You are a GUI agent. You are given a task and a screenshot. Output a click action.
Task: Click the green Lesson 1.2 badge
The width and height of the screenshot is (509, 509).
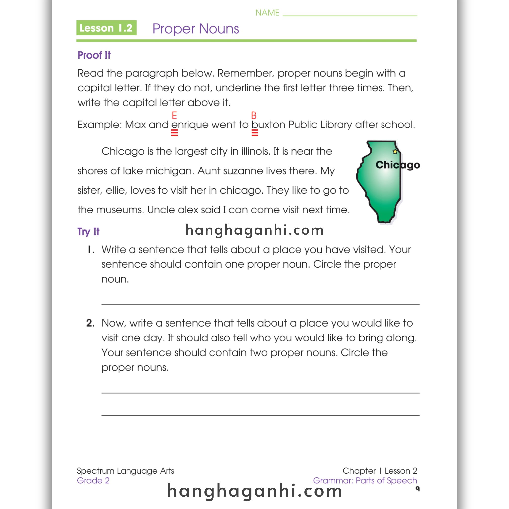point(106,28)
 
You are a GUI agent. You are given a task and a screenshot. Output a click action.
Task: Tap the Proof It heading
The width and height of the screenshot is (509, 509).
point(94,55)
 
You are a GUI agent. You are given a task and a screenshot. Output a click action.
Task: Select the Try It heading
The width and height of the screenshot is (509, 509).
point(88,232)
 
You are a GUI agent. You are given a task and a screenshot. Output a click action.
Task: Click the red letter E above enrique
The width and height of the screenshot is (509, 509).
point(174,115)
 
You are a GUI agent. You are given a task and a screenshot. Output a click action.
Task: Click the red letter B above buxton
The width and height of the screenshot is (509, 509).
point(254,115)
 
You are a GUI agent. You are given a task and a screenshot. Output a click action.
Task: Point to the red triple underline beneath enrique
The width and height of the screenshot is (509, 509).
point(174,133)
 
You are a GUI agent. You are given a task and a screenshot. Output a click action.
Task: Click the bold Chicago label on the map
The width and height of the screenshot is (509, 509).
point(397,165)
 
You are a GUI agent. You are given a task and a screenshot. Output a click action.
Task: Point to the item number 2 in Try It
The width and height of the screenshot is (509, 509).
point(90,323)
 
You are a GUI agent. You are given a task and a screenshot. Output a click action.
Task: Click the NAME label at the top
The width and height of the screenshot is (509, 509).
point(267,13)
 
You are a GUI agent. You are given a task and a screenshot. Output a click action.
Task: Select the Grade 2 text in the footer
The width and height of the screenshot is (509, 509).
point(93,481)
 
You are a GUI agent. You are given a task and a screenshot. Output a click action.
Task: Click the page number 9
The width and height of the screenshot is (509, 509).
point(417,489)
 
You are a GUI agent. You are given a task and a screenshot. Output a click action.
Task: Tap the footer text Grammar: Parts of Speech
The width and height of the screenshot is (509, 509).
point(365,481)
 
